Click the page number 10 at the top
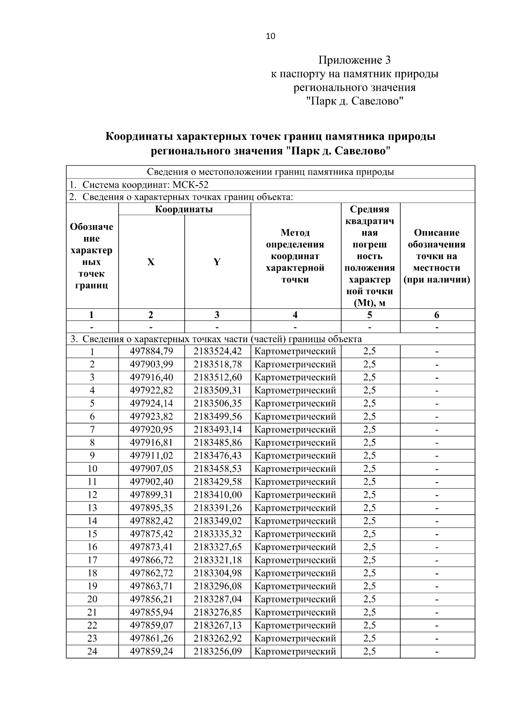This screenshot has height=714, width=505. (270, 36)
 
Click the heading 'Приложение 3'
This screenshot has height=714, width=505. (354, 60)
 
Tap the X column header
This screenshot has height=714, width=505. (151, 262)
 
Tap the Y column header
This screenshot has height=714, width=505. (217, 262)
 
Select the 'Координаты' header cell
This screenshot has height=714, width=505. (184, 209)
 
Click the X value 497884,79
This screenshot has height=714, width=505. (151, 351)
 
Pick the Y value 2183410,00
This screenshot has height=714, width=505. (218, 495)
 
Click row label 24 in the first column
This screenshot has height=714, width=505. (92, 651)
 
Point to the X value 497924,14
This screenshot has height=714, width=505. (151, 403)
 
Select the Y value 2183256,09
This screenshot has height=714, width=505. (218, 651)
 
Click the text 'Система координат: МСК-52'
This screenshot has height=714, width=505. (145, 185)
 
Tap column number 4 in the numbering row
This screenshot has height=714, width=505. (295, 315)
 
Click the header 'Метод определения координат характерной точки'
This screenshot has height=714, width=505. (295, 256)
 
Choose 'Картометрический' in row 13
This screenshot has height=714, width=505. (295, 508)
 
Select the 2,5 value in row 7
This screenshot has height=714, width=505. (369, 430)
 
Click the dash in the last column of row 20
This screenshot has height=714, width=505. (437, 599)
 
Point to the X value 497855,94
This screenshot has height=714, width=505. (151, 612)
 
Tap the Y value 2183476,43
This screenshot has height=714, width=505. (218, 456)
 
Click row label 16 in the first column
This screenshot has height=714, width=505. (92, 547)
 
